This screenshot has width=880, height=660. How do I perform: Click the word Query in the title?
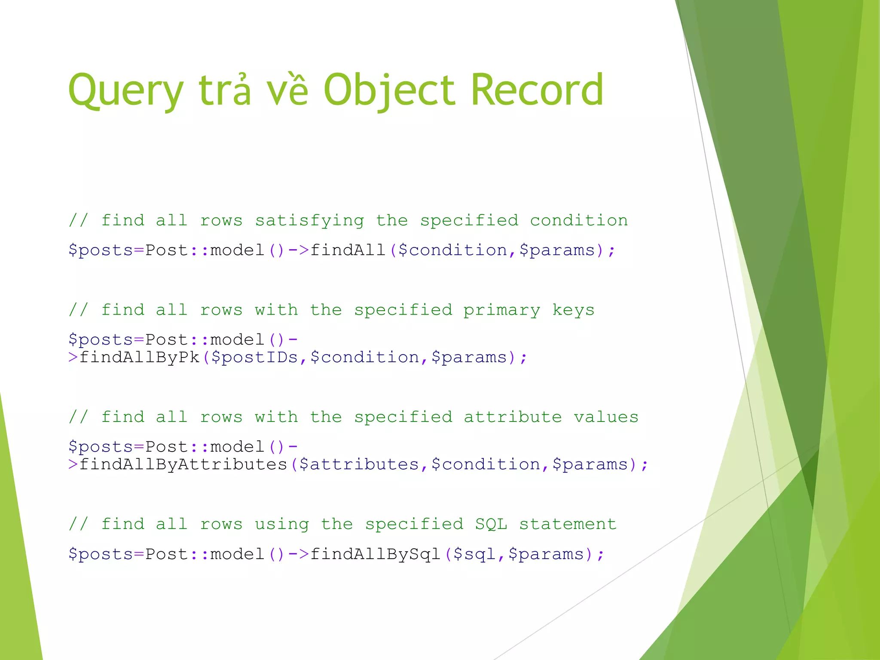coord(126,91)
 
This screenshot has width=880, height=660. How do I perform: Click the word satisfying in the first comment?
coord(309,221)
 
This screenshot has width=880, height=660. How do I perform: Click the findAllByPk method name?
coord(140,357)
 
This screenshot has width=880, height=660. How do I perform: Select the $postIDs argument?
coord(255,357)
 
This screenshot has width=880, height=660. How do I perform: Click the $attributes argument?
coord(359,464)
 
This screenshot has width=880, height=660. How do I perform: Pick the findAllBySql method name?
coord(376,554)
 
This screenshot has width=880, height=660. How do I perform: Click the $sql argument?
coord(475,554)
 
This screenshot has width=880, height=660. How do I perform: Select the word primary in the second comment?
coord(501,310)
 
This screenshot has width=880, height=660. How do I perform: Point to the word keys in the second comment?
coord(573,310)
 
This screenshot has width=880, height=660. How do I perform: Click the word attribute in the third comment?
coord(513,417)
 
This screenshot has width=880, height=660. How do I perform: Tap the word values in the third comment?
coord(606,417)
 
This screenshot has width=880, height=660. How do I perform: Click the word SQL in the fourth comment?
coord(491,524)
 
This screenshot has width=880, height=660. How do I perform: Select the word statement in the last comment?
coord(568,524)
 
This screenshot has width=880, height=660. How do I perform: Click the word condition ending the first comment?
coord(579,221)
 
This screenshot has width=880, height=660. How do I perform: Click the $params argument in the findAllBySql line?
coord(546,554)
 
